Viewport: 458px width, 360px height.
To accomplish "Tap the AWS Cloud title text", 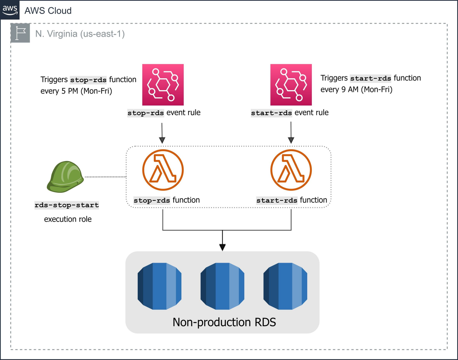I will pyautogui.click(x=48, y=11).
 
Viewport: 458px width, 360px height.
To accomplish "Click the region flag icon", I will pyautogui.click(x=20, y=33).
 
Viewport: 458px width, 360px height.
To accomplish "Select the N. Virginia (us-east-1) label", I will pyautogui.click(x=80, y=34).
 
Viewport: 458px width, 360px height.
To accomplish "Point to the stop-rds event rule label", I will pyautogui.click(x=164, y=113).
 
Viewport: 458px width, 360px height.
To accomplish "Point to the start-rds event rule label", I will pyautogui.click(x=289, y=113).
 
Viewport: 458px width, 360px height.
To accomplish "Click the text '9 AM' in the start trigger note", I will pyautogui.click(x=348, y=90).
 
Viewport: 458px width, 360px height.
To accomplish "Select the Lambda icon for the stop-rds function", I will pyautogui.click(x=163, y=169).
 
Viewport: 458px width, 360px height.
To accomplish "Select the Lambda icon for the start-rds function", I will pyautogui.click(x=291, y=169).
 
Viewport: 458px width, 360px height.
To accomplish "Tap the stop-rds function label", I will pyautogui.click(x=166, y=200).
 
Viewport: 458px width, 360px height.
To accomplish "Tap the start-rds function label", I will pyautogui.click(x=292, y=200).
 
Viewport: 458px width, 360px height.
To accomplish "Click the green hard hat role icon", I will pyautogui.click(x=63, y=176).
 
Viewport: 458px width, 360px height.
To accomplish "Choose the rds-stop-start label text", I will pyautogui.click(x=67, y=205).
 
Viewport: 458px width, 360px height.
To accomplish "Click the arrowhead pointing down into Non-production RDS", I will pyautogui.click(x=222, y=247).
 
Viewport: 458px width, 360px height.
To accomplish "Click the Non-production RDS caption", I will pyautogui.click(x=224, y=322).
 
